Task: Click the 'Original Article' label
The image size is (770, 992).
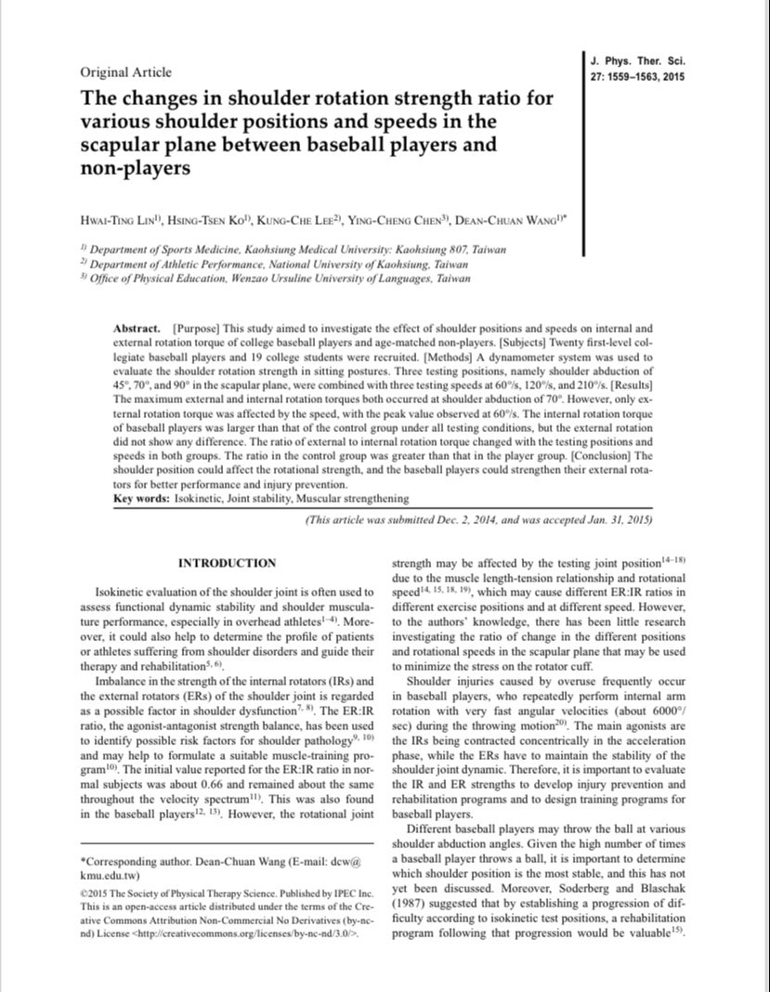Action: pyautogui.click(x=125, y=72)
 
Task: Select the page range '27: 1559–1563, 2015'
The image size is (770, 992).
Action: pyautogui.click(x=638, y=76)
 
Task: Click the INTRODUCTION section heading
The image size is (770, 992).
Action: pyautogui.click(x=227, y=563)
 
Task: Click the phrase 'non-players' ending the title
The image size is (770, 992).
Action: pyautogui.click(x=136, y=169)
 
